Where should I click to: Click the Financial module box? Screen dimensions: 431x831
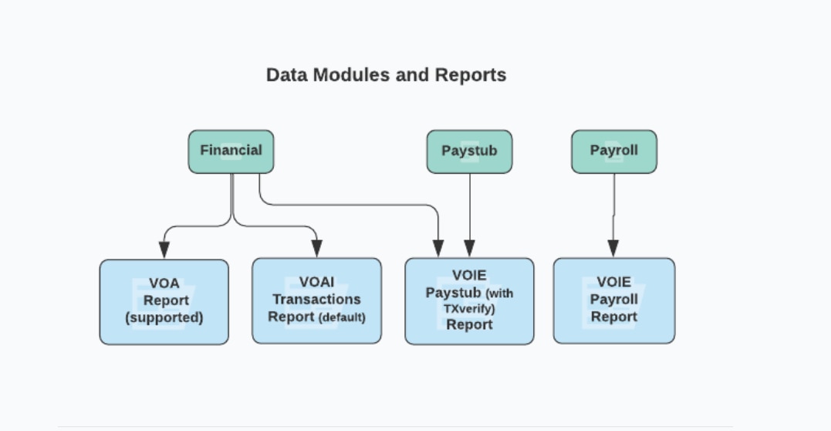[x=231, y=151]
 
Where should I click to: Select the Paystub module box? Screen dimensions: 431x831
[x=469, y=151]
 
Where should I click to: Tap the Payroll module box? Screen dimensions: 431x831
[x=613, y=151]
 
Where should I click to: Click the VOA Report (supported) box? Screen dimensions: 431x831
[x=164, y=301]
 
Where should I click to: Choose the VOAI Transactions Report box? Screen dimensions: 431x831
[x=316, y=301]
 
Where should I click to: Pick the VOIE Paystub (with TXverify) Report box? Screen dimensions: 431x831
[x=469, y=301]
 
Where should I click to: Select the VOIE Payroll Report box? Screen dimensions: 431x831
[x=613, y=300]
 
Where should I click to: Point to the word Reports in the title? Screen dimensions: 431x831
[x=471, y=75]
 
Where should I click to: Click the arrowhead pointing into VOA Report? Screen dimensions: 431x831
[x=164, y=249]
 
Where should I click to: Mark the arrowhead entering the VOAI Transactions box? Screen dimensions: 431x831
[x=316, y=249]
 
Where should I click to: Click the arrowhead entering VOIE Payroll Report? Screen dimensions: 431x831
[x=613, y=248]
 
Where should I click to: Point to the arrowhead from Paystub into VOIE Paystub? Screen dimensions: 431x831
[x=469, y=248]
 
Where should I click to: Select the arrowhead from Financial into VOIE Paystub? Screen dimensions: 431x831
[x=438, y=248]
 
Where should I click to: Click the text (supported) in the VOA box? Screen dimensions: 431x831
[x=164, y=317]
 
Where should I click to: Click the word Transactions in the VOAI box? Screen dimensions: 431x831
[x=316, y=299]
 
